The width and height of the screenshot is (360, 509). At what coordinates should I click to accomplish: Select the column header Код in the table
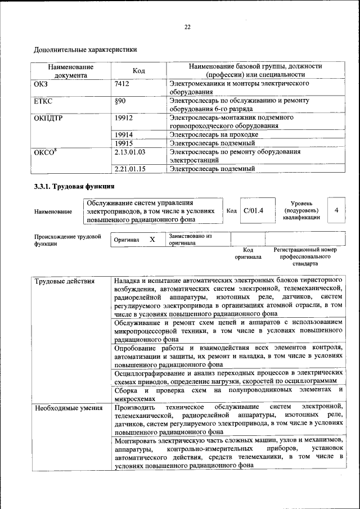pyautogui.click(x=138, y=70)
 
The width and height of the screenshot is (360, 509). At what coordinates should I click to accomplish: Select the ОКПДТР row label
pyautogui.click(x=48, y=118)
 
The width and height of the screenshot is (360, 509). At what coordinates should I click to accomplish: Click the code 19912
pyautogui.click(x=123, y=118)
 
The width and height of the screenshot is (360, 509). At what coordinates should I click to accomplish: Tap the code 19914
pyautogui.click(x=123, y=135)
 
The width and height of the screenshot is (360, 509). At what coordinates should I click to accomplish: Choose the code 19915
pyautogui.click(x=123, y=143)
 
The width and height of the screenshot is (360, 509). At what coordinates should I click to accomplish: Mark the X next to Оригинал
pyautogui.click(x=152, y=240)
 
